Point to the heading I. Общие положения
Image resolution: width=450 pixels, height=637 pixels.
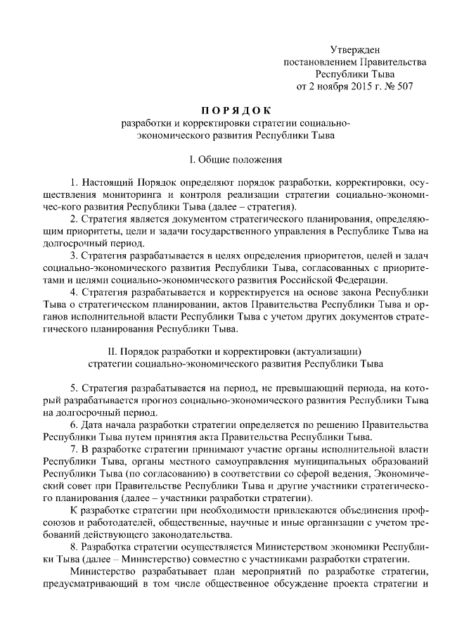coord(226,160)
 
